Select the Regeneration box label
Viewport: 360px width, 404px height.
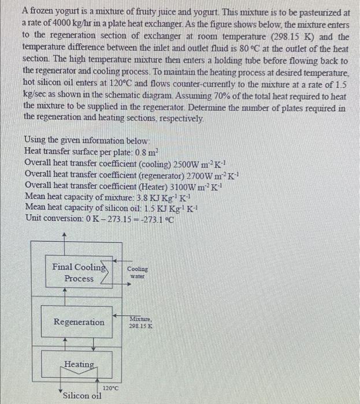[x=79, y=322]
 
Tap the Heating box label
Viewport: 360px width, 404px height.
[x=79, y=364]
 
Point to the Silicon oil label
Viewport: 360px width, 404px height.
[x=82, y=395]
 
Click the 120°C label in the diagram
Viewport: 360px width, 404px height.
[x=110, y=388]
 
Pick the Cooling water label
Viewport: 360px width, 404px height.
[x=138, y=272]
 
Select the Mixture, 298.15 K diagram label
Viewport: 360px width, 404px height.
[x=142, y=321]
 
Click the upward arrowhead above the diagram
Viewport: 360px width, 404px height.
[x=64, y=235]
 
